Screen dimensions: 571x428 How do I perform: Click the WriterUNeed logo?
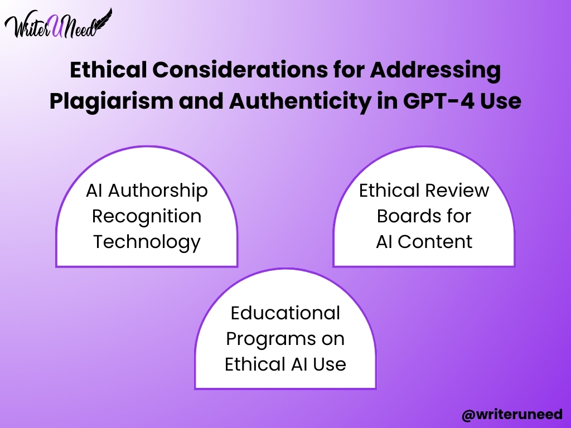pyautogui.click(x=58, y=24)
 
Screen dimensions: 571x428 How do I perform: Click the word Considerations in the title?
pyautogui.click(x=240, y=70)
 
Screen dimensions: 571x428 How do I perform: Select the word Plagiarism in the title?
pyautogui.click(x=112, y=101)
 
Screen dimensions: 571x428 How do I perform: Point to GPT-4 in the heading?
pyautogui.click(x=439, y=101)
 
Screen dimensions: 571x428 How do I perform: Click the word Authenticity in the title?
pyautogui.click(x=299, y=101)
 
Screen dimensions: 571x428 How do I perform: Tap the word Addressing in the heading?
pyautogui.click(x=435, y=70)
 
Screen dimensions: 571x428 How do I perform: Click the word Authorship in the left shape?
pyautogui.click(x=158, y=191)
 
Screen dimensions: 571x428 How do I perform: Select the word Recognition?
pyautogui.click(x=147, y=217)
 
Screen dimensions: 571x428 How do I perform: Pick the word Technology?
pyautogui.click(x=147, y=242)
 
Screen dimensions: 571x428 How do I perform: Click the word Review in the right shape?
pyautogui.click(x=457, y=191)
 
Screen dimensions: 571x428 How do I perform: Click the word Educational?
pyautogui.click(x=285, y=313)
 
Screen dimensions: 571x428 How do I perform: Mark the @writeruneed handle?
pyautogui.click(x=512, y=414)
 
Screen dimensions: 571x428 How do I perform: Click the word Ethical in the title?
pyautogui.click(x=108, y=70)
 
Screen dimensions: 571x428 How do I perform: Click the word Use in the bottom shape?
pyautogui.click(x=329, y=364)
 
